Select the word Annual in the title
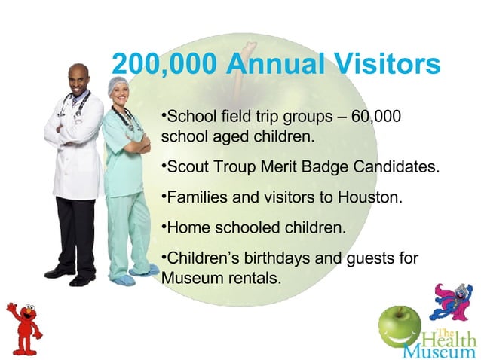click(270, 65)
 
